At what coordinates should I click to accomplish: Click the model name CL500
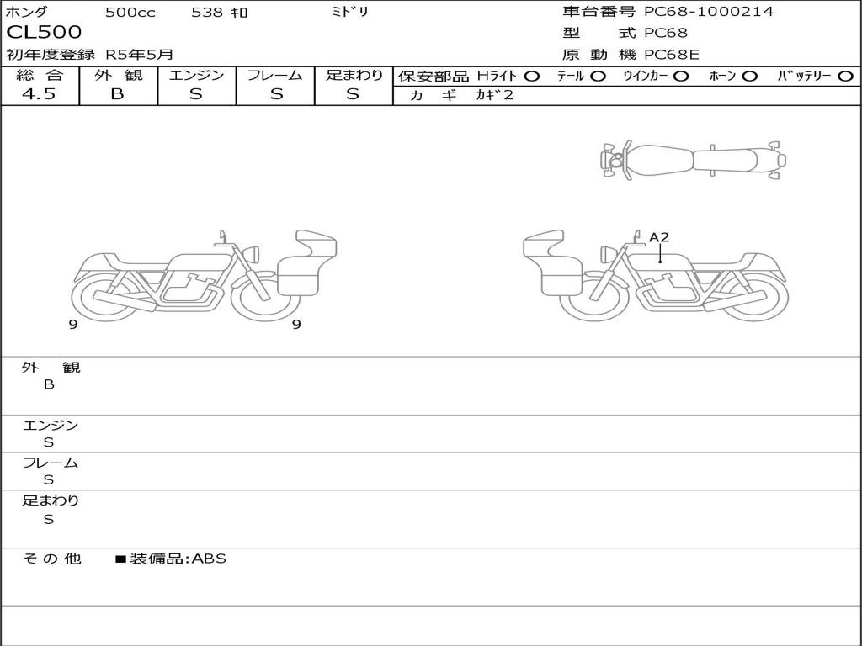coord(44,32)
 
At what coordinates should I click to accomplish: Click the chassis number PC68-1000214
coord(709,12)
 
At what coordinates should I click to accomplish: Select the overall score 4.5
coord(39,94)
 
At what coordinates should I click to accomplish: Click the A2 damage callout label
coord(659,237)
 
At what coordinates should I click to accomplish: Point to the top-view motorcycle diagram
coord(694,160)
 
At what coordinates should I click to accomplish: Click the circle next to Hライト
coord(532,77)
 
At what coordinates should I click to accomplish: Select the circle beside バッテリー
coord(845,77)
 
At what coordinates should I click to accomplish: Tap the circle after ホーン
coord(749,77)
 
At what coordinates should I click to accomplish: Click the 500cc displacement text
coord(130,13)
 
